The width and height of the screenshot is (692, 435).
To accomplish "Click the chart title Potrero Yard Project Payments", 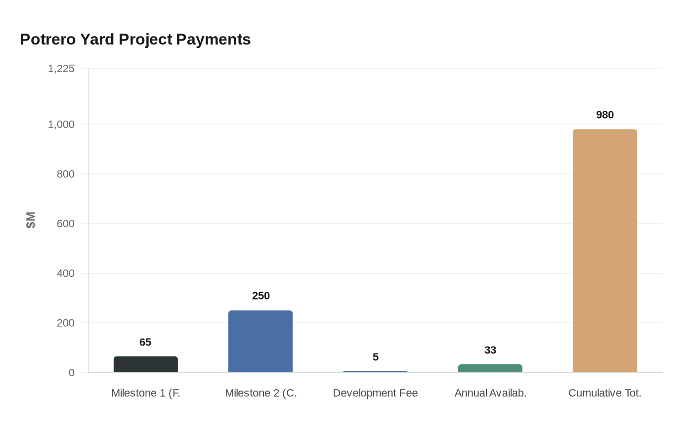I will pos(135,40).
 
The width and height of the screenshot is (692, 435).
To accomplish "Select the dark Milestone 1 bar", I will pos(146,364).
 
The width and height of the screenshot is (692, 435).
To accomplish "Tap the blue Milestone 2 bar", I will pos(260,341).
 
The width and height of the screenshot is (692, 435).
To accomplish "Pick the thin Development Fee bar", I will pos(375,372).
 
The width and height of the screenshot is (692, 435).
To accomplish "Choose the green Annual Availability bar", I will pos(490,368).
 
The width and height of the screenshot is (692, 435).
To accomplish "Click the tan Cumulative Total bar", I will pos(605,251).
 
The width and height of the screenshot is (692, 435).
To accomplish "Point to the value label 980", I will pos(605,115).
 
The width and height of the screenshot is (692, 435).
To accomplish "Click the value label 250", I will pos(260,296).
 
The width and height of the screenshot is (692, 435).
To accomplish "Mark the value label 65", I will pos(145,343).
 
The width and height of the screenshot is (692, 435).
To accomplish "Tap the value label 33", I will pos(490,350).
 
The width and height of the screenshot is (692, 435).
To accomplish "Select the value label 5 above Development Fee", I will pos(375,357).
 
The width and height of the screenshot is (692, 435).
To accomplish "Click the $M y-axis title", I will pos(31,220).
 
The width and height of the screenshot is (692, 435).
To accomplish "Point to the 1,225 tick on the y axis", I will pos(61,69).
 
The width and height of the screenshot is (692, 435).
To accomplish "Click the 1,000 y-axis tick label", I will pos(61,125).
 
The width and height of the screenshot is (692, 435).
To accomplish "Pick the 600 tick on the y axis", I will pos(65,224).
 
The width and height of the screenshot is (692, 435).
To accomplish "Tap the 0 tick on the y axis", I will pos(71,373).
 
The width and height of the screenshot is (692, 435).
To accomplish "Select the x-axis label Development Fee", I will pos(375,393).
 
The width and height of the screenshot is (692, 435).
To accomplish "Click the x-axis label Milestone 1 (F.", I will pos(145,393).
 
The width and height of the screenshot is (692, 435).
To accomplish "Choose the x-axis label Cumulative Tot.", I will pos(605,393).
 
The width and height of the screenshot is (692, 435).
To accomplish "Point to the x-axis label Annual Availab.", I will pos(490,393).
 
